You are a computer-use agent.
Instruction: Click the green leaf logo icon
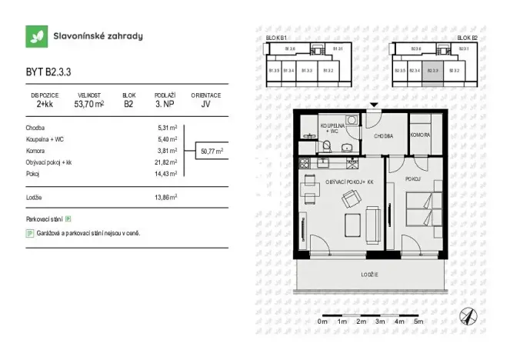(x=35, y=36)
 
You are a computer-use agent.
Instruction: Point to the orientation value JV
(x=205, y=103)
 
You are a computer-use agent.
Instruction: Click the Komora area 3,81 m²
(x=168, y=151)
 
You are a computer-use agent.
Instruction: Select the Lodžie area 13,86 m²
(x=166, y=197)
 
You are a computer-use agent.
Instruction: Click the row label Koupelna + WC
(x=45, y=139)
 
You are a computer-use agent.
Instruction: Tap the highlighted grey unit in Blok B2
(x=433, y=70)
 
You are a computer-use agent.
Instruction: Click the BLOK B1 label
(x=276, y=37)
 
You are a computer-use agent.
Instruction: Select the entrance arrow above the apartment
(x=374, y=105)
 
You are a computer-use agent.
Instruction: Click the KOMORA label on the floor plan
(x=421, y=135)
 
